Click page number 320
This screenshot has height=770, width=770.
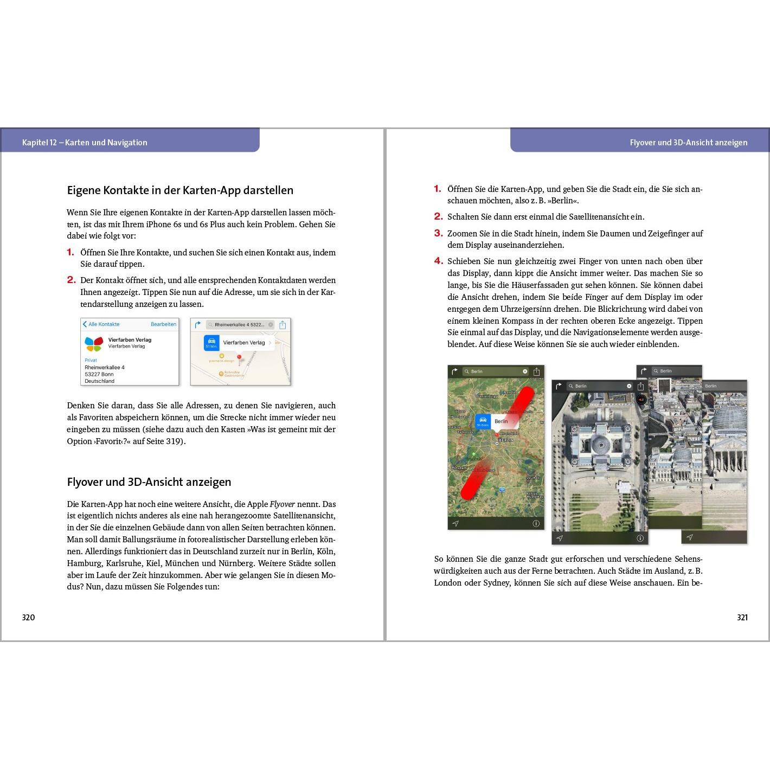28,617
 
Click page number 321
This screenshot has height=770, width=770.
742,617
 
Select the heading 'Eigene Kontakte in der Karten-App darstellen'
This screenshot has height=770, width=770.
180,190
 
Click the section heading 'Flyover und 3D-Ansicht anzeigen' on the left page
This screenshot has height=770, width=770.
149,482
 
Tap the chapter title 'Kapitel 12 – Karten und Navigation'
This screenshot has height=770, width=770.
85,143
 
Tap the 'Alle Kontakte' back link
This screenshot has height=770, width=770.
101,324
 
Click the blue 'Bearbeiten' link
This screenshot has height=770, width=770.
163,324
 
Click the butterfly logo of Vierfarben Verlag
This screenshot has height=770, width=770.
94,343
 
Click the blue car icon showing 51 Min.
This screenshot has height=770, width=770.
211,343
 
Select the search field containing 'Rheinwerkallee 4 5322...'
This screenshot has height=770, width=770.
240,325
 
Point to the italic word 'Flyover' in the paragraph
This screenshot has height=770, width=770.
282,504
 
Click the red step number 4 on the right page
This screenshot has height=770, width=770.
438,261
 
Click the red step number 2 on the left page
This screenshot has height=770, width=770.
71,280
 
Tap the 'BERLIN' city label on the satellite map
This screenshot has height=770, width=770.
505,440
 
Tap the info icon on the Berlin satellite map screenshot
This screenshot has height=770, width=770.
536,524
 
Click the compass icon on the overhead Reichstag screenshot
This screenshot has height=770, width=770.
641,400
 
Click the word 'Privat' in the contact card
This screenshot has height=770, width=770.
91,360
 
